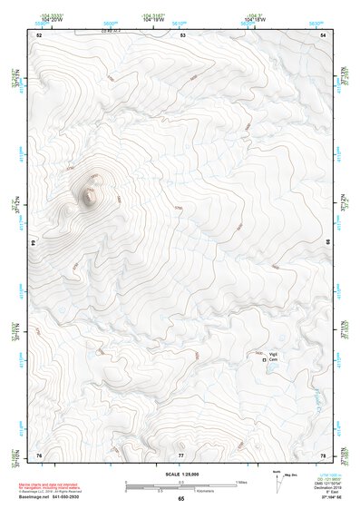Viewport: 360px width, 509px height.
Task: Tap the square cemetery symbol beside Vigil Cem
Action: (x=265, y=360)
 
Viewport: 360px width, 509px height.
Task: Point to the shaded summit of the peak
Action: (x=90, y=195)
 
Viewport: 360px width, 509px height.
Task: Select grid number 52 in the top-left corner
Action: (x=39, y=34)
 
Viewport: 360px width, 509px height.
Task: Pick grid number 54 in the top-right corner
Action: (x=324, y=34)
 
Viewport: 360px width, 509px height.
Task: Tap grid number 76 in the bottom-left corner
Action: (x=39, y=455)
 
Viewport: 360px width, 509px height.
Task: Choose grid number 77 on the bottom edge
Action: (x=181, y=455)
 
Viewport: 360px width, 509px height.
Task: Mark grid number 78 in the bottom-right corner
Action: (x=324, y=455)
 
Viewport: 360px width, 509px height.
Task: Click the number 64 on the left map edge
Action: (x=34, y=243)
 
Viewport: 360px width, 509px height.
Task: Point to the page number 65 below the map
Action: (x=180, y=498)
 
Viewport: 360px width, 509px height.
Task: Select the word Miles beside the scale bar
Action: (x=242, y=481)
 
